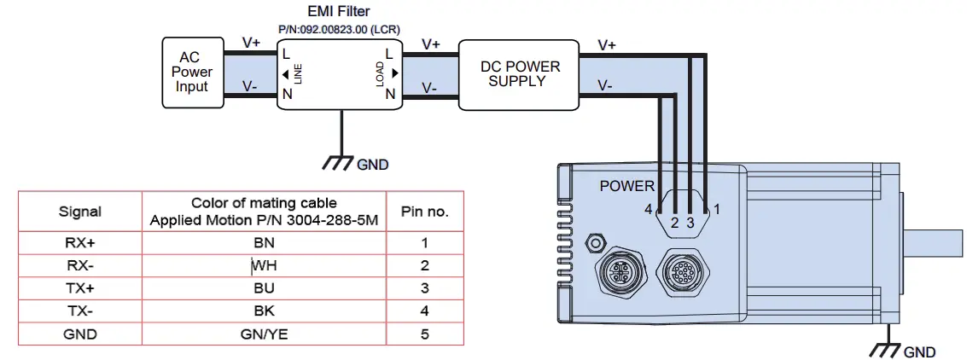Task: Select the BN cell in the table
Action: point(264,242)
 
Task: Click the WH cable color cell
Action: point(264,265)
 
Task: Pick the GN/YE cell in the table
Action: point(264,334)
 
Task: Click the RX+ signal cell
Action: point(79,242)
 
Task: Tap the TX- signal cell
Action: point(79,311)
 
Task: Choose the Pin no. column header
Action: point(424,212)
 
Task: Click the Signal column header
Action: point(79,212)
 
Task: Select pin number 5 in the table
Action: point(424,334)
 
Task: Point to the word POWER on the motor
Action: point(626,186)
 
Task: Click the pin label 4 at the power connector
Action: point(649,208)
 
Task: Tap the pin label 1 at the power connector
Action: point(717,208)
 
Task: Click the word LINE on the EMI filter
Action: point(299,74)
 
